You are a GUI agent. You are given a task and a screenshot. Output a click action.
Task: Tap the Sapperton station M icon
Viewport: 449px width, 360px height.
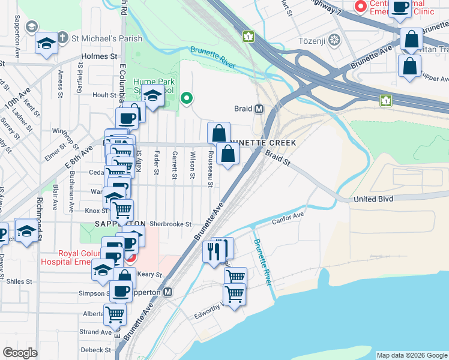coord(169,292)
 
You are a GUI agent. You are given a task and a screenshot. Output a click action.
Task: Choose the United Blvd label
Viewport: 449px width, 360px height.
coord(373,199)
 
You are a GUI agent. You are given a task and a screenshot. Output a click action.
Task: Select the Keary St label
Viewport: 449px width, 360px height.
coord(150,274)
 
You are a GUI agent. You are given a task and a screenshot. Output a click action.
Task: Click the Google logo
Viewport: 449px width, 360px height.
coord(20,353)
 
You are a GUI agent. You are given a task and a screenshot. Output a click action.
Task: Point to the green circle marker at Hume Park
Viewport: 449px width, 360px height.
coord(187,98)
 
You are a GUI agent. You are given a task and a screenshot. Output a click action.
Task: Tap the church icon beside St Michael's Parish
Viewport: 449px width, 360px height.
coord(31,27)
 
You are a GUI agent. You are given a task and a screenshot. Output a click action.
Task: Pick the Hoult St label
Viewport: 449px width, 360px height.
coord(104,95)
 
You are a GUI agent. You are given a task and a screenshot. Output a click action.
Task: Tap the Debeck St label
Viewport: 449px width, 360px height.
coord(96,350)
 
